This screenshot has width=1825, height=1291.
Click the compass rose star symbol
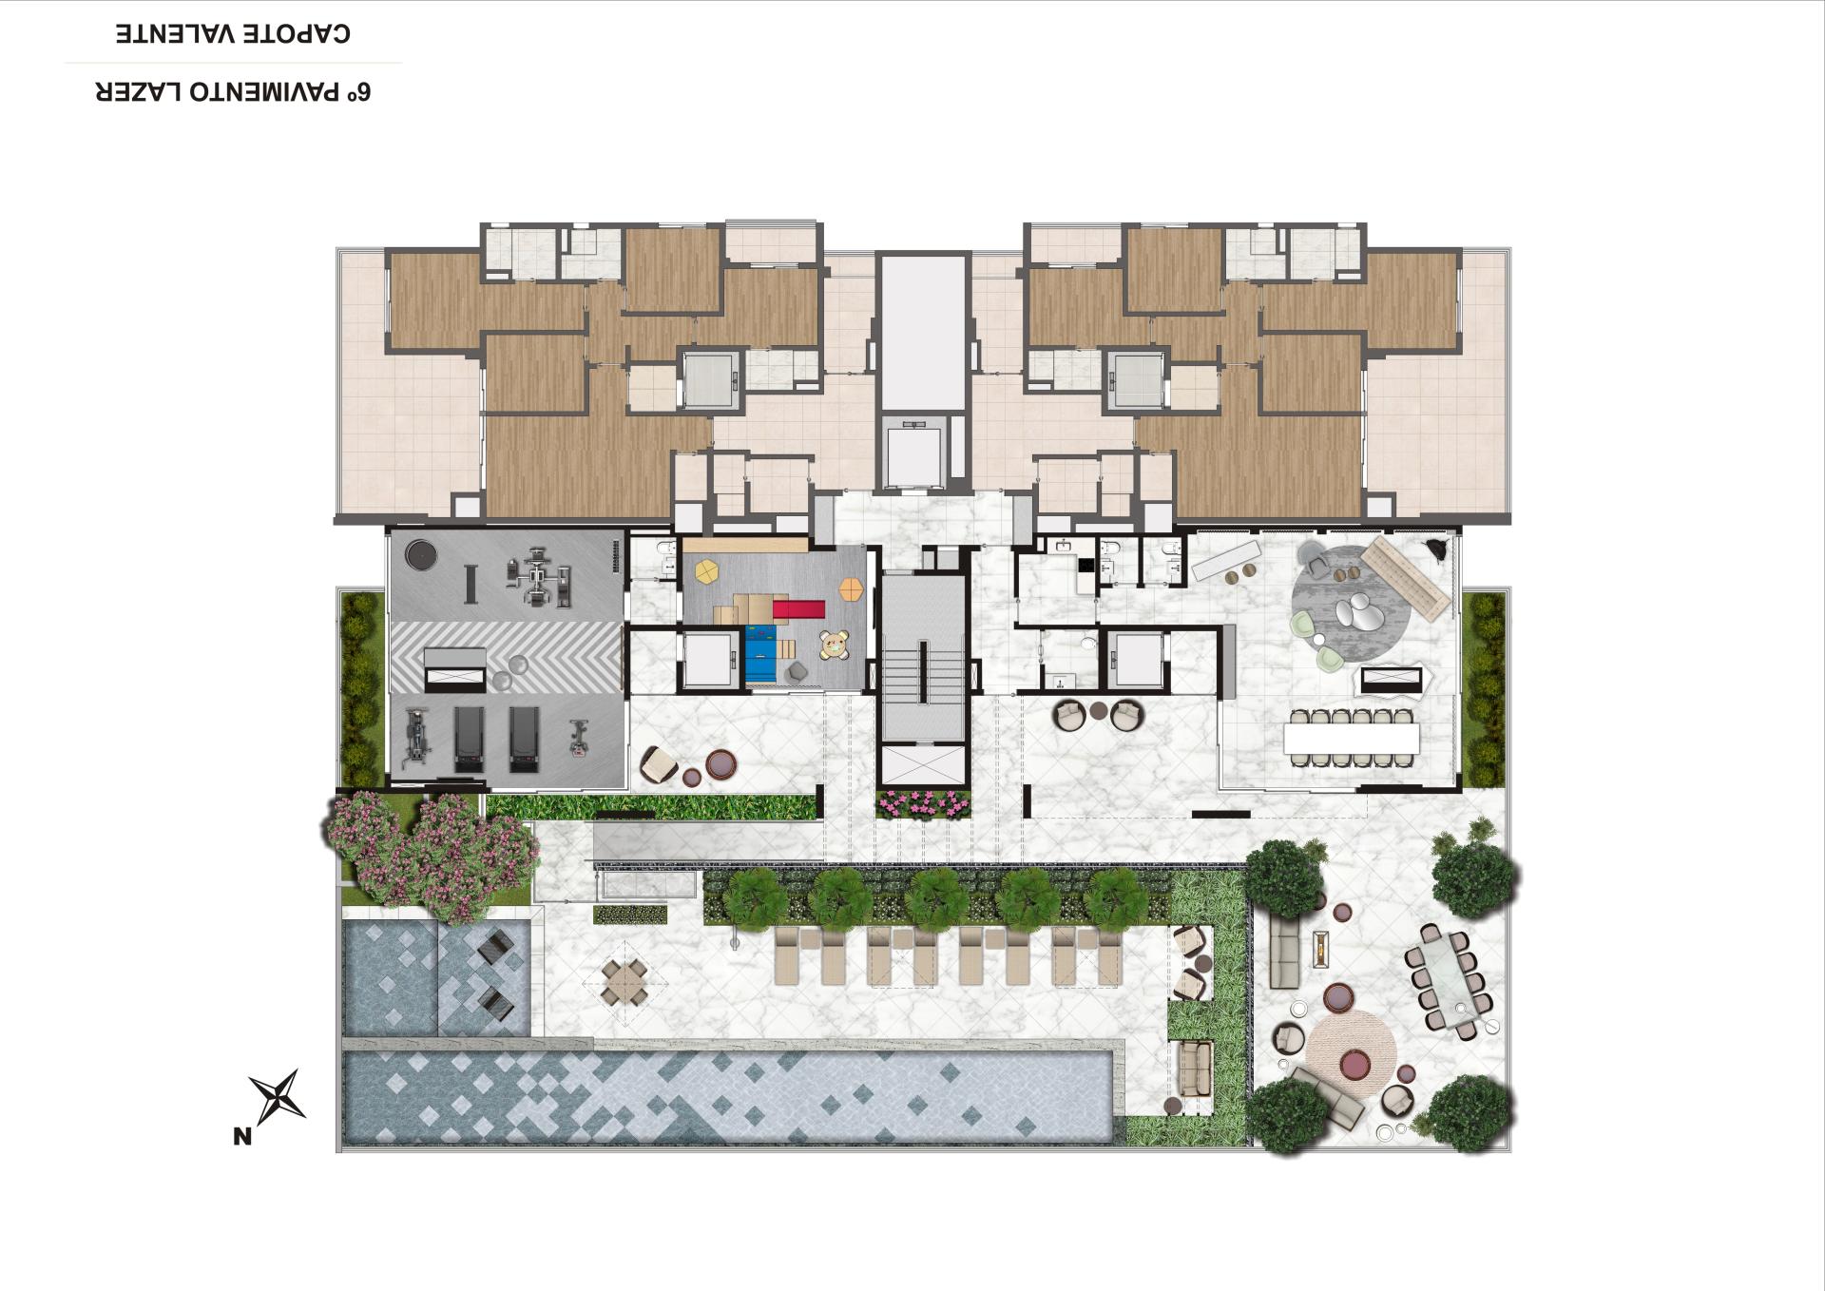click(x=278, y=1095)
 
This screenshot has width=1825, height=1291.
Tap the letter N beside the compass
click(x=242, y=1135)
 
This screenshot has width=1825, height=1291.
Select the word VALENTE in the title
click(x=178, y=33)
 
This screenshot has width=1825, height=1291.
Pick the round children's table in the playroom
click(x=836, y=645)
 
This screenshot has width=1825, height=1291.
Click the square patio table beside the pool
click(x=624, y=981)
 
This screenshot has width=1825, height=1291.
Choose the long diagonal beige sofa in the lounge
click(x=1405, y=574)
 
